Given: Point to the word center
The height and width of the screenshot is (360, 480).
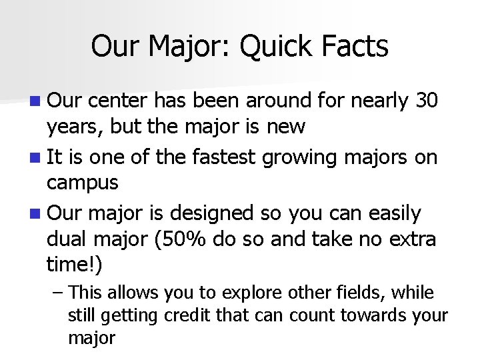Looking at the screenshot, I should (117, 101).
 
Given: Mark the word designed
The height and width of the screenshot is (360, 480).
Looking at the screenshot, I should (213, 214).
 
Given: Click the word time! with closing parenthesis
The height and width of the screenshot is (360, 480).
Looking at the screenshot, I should (75, 264).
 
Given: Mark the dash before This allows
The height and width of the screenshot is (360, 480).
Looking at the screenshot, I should (57, 293).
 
